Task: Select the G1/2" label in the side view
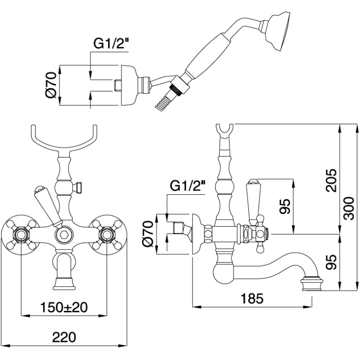pyautogui.click(x=187, y=185)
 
